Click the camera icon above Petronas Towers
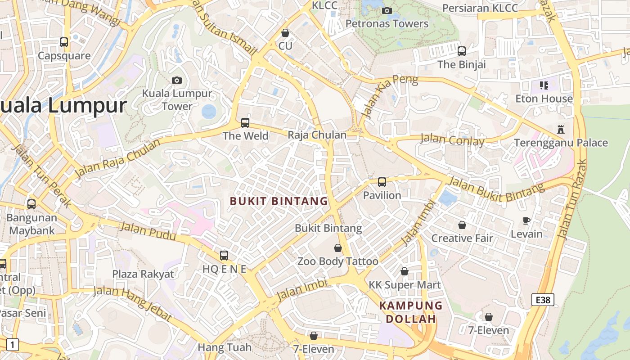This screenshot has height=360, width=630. tap(387, 11)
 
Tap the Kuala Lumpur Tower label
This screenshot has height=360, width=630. tap(177, 100)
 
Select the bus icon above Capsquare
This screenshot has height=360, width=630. tap(64, 42)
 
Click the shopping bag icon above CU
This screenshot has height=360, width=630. tap(285, 33)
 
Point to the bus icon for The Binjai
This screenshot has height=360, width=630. tap(462, 51)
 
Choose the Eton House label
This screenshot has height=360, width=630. tap(544, 99)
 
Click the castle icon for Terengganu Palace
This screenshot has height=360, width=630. tap(561, 130)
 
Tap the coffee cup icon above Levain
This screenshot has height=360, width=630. tap(526, 220)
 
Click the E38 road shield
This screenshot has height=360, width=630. tap(542, 300)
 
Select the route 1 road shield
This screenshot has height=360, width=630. tap(13, 345)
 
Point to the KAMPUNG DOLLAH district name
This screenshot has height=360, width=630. tap(411, 312)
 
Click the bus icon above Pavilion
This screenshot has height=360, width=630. tap(382, 182)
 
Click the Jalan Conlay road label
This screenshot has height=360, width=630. tap(452, 140)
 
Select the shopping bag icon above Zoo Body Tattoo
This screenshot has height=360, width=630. tap(338, 248)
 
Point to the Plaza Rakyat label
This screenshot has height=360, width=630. tap(143, 274)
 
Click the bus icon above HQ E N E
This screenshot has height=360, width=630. tap(224, 256)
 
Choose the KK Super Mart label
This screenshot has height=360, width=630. tap(405, 285)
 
